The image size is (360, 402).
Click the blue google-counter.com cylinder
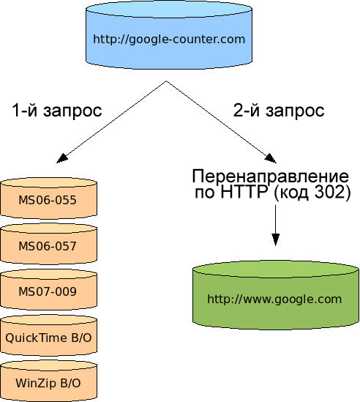169,34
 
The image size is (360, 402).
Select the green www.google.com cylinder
275,295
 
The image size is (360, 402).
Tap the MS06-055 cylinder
49,198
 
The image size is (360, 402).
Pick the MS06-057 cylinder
49,244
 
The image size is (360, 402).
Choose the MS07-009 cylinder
49,289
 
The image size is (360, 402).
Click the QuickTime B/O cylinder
49,335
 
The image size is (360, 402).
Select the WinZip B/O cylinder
49,381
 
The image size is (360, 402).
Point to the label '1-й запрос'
57,111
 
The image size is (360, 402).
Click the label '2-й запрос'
279,111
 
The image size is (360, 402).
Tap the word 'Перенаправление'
270,176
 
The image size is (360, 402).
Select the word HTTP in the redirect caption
244,192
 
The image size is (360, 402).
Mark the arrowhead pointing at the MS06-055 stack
62,159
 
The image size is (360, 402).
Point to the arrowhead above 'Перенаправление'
270,159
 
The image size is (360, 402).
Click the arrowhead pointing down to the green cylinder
275,239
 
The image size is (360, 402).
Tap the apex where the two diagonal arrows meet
166,81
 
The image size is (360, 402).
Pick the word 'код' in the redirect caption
294,193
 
